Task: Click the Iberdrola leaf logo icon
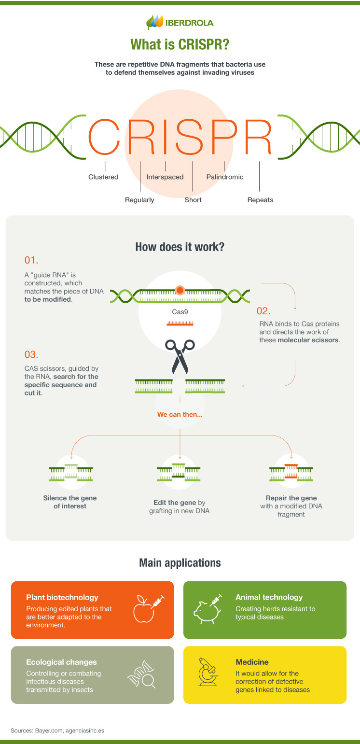coord(155,22)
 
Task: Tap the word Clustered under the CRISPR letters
coord(103,177)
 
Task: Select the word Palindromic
coord(225,177)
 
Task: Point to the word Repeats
coord(260,200)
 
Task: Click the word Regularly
coord(139,200)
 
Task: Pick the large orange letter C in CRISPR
coord(104,137)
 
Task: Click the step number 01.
coord(31,260)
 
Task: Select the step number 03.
coord(31,354)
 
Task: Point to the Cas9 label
coord(180,312)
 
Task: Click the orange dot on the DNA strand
coord(180,290)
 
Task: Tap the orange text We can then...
coord(180,414)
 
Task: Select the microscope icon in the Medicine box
coord(208,672)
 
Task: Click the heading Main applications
coord(180,563)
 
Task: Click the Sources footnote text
coord(57,730)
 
